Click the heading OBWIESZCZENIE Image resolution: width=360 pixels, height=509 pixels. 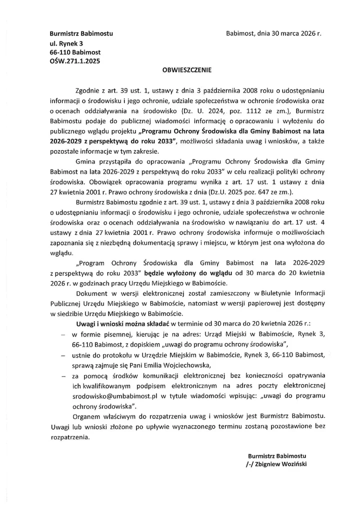point(180,71)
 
